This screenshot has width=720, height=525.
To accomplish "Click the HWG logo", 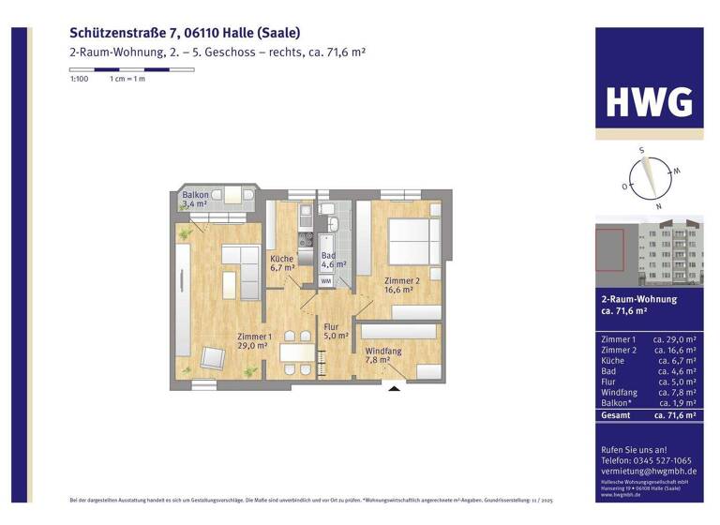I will (648, 101).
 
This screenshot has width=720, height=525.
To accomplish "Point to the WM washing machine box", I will (326, 280).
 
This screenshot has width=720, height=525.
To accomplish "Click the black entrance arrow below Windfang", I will (395, 386).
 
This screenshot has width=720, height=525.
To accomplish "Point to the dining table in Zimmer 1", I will (297, 353).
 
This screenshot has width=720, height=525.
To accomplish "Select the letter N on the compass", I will (659, 205).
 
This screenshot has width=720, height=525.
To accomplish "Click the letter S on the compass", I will (641, 150).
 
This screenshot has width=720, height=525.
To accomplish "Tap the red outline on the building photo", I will (610, 255).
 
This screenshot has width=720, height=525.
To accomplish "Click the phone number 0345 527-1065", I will (661, 461).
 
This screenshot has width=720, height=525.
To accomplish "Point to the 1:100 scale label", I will (79, 79).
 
